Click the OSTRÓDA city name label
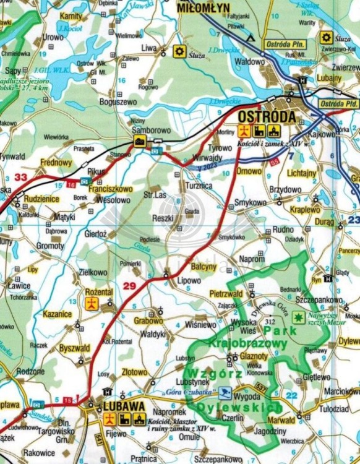point(266,117)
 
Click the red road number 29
point(129,285)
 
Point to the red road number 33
point(20,178)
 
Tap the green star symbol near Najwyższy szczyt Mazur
point(298,318)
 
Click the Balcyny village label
point(204,267)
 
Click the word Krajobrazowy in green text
point(247,342)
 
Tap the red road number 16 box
point(72,184)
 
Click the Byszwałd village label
point(75,348)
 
